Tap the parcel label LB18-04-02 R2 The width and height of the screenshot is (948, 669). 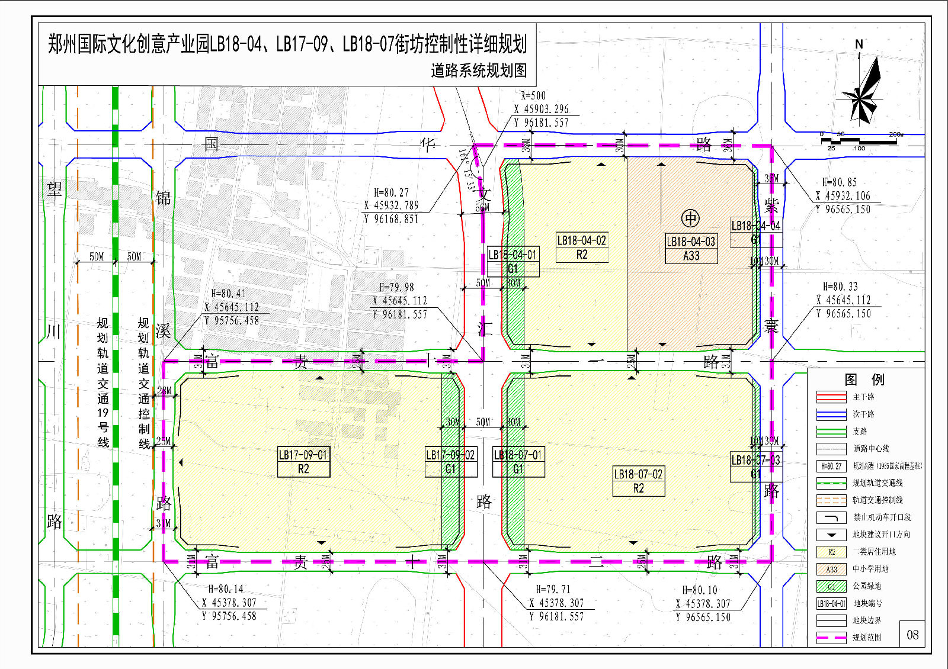[x=582, y=247]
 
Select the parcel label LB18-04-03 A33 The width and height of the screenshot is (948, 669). [x=691, y=249]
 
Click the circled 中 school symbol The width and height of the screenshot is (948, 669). [x=690, y=218]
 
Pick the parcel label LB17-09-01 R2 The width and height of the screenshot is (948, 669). [x=303, y=462]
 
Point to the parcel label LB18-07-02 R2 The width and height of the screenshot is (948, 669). [x=638, y=481]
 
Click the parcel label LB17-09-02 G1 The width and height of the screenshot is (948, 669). [x=451, y=462]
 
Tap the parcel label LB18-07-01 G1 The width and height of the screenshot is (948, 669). [x=518, y=462]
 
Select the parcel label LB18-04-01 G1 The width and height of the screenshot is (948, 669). [x=513, y=262]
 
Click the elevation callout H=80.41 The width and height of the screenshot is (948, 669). [x=228, y=294]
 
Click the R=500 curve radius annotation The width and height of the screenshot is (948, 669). [x=533, y=95]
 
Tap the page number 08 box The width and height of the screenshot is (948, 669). [x=912, y=635]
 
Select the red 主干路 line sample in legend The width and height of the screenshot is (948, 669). [x=831, y=397]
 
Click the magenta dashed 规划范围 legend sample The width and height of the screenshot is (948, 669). [x=831, y=638]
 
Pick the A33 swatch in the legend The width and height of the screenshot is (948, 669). [x=831, y=569]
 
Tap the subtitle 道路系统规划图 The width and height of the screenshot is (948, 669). [x=479, y=70]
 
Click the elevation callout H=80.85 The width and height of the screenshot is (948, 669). [x=839, y=182]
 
